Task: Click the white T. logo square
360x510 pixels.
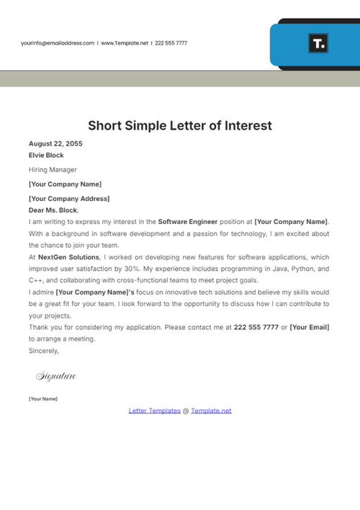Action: [318, 43]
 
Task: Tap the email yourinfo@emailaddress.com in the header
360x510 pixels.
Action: [58, 43]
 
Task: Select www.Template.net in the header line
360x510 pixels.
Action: [125, 43]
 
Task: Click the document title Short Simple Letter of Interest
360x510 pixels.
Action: [180, 125]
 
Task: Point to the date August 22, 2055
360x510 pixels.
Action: [55, 143]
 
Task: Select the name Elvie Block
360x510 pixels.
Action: [46, 155]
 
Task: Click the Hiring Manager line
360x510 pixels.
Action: [53, 170]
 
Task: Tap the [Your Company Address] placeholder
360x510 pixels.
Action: [69, 199]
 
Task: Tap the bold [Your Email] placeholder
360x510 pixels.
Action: [310, 327]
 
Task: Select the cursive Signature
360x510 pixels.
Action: [55, 376]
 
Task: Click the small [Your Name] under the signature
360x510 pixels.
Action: [42, 399]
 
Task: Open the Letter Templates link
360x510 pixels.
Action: [154, 411]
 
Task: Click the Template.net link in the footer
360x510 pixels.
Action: [211, 411]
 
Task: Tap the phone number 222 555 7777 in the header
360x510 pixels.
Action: [171, 43]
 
